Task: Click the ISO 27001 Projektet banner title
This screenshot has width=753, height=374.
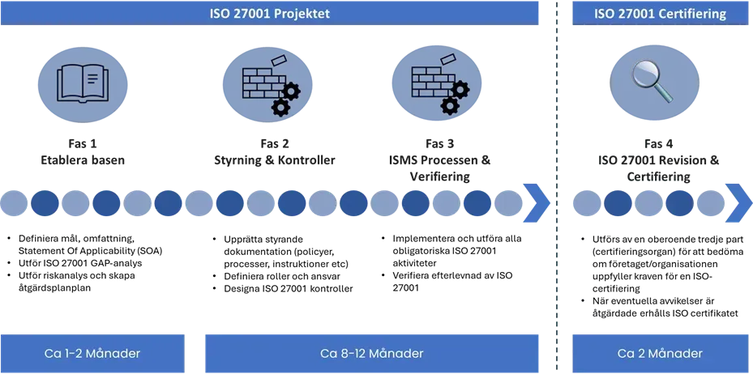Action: pyautogui.click(x=269, y=14)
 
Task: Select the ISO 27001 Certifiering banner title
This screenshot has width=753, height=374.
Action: pyautogui.click(x=660, y=14)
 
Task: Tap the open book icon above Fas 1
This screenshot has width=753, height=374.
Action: pyautogui.click(x=83, y=83)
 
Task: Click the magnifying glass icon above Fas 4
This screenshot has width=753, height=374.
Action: pyautogui.click(x=653, y=82)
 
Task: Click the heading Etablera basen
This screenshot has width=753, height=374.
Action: pyautogui.click(x=83, y=160)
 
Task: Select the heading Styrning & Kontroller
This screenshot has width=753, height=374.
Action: pyautogui.click(x=274, y=160)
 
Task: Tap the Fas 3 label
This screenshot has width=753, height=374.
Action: pyautogui.click(x=439, y=144)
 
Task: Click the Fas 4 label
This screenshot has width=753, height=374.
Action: pyautogui.click(x=658, y=144)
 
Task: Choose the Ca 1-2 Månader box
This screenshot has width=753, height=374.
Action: pyautogui.click(x=92, y=354)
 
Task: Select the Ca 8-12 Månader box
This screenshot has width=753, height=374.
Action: pyautogui.click(x=372, y=354)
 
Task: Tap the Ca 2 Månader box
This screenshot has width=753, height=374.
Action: pyautogui.click(x=660, y=354)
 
